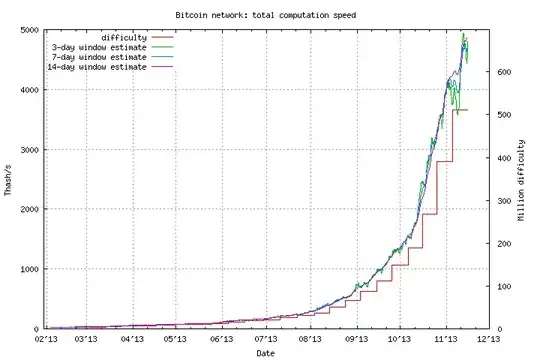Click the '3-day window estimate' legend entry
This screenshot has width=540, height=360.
[x=98, y=47]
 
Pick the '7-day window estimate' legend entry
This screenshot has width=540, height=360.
[x=98, y=57]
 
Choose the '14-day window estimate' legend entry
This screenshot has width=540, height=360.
[x=96, y=67]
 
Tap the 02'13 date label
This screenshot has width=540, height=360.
[x=46, y=339]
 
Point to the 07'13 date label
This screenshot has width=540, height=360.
[x=266, y=339]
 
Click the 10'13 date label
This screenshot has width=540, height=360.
[x=399, y=339]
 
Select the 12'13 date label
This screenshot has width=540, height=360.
[x=488, y=339]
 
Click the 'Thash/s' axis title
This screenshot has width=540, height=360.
[x=9, y=180]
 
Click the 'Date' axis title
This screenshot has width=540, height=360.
[x=267, y=352]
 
